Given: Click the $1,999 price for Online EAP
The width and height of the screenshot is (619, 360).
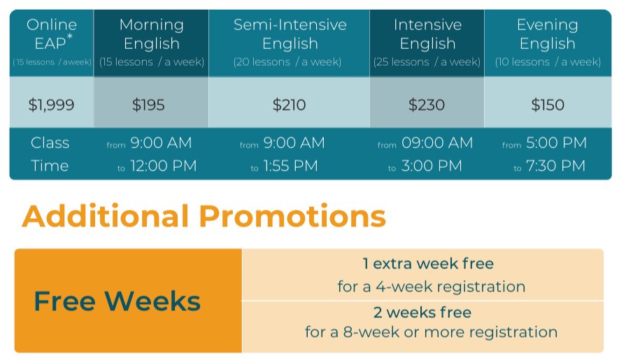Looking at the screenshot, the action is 51,105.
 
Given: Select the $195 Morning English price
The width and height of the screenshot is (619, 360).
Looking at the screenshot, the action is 148,105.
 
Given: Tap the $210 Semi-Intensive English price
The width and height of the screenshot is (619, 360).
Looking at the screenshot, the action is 289,105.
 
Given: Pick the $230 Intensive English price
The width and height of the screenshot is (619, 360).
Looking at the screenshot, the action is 427,105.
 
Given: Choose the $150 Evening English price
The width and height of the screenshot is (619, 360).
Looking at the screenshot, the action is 548,105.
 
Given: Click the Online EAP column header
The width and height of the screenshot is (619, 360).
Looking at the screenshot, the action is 52,34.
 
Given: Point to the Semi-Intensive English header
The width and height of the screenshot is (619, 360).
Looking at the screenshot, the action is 290,34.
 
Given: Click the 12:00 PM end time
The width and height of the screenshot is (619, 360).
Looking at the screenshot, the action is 164,166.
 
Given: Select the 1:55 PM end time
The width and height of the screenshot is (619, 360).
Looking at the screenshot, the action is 290,166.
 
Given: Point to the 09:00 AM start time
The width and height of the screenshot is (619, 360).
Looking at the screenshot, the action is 437,143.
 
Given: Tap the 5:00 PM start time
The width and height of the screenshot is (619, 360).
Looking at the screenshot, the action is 556,143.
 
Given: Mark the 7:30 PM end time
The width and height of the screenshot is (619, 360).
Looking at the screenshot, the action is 555,166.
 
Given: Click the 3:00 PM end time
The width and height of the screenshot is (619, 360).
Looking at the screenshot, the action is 432,166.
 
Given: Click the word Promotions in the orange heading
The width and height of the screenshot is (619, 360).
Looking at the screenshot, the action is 292,216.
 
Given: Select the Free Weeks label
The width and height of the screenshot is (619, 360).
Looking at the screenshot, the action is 118,301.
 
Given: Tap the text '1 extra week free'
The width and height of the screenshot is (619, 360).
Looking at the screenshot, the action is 428,264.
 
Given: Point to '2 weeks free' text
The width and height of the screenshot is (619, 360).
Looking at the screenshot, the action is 422,312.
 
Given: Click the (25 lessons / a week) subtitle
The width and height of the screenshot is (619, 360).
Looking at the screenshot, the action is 427,62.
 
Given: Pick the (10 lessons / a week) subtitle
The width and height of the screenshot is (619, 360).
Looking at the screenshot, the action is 548,62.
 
